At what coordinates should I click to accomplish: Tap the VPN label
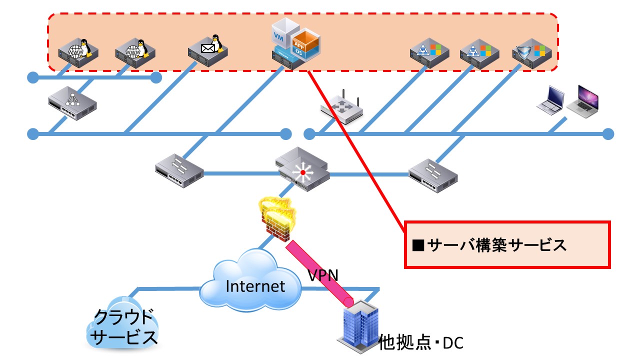(x=323, y=275)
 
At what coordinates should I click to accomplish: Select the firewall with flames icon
(x=277, y=218)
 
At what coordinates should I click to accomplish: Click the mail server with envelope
(x=207, y=51)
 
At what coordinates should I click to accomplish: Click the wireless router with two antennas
(x=341, y=108)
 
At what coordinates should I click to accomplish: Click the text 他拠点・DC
(x=420, y=342)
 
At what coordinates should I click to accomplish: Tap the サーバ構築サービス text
(x=496, y=245)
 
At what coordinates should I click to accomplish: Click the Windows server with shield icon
(x=532, y=53)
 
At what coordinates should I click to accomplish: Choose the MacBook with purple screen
(x=583, y=101)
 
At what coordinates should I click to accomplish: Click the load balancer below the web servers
(x=72, y=103)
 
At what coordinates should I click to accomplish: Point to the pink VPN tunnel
(x=319, y=273)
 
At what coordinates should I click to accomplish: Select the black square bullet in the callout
(x=418, y=245)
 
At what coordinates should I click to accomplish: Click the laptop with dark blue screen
(x=550, y=100)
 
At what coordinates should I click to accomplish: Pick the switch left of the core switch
(x=179, y=171)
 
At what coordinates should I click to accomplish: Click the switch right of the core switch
(x=433, y=175)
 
